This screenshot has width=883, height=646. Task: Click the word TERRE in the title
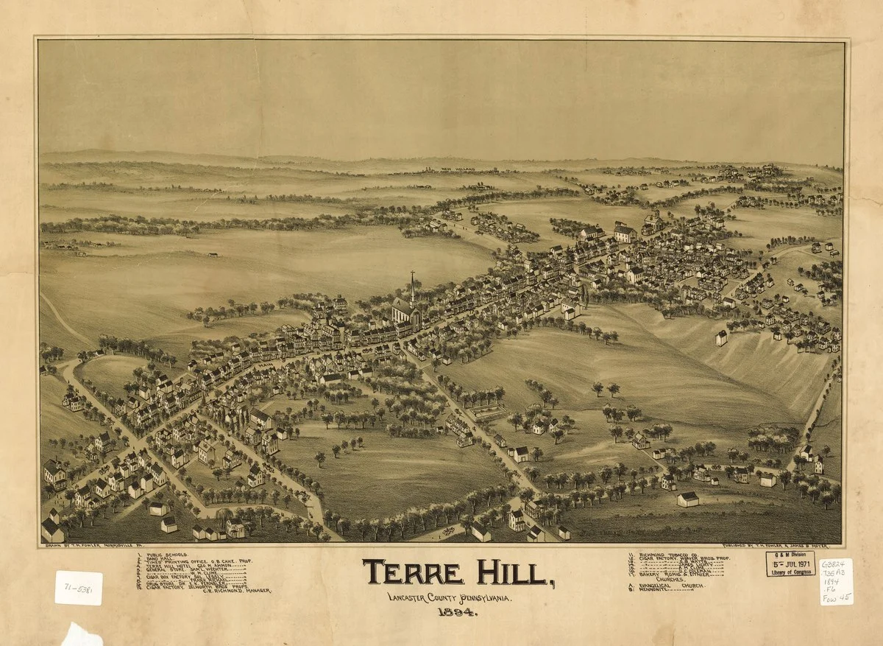click(413, 572)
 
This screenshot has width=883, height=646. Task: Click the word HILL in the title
click(515, 572)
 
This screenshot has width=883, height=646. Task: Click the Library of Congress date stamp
click(790, 563)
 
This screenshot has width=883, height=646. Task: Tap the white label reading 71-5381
click(78, 588)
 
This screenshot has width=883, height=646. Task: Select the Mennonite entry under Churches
click(659, 590)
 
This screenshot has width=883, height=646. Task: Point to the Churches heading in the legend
click(670, 580)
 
